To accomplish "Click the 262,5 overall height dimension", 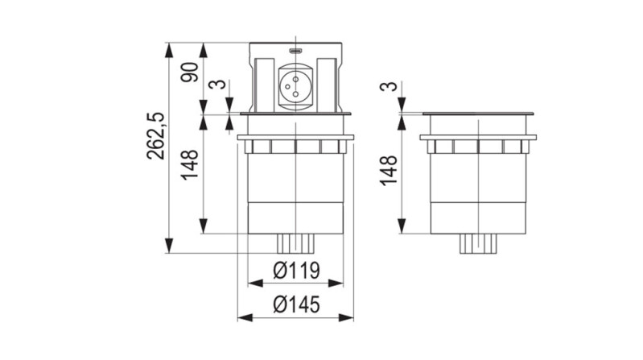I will tap(155, 135).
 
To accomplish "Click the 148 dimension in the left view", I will tap(190, 166).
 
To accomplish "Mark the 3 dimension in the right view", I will tap(389, 86).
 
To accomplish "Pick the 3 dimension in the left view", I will tap(216, 86).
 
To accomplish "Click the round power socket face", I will tap(297, 84).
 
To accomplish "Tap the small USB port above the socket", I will tap(297, 52).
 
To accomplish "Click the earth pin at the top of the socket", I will tap(297, 75).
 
